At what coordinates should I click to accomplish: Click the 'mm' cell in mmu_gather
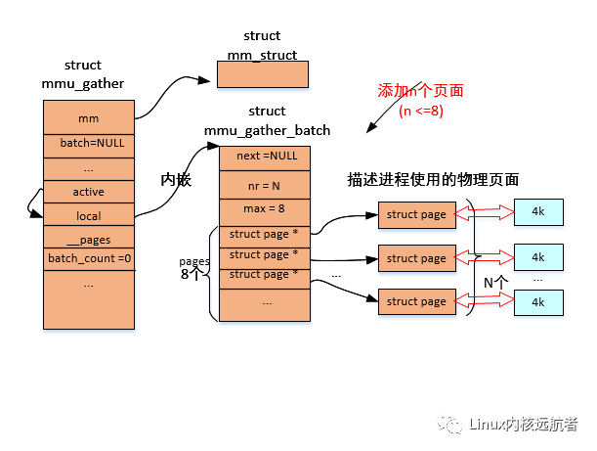[x=88, y=118]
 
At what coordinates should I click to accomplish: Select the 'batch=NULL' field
[x=88, y=142]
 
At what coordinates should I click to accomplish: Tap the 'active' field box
[x=88, y=191]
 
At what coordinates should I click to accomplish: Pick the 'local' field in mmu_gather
[x=88, y=215]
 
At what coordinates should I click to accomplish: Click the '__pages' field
[x=88, y=239]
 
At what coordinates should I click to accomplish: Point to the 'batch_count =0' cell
[x=88, y=259]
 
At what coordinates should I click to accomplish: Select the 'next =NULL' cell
[x=266, y=156]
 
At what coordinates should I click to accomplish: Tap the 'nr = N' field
[x=266, y=184]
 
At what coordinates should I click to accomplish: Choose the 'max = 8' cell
[x=266, y=209]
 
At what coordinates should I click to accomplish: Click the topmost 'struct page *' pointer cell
[x=266, y=234]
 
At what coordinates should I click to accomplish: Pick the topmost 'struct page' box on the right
[x=416, y=214]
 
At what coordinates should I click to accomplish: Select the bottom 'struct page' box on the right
[x=416, y=301]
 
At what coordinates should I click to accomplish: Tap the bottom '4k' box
[x=538, y=302]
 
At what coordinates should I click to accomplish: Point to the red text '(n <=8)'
[x=421, y=111]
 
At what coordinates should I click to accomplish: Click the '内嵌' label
[x=174, y=181]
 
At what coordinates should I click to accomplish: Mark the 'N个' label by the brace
[x=495, y=283]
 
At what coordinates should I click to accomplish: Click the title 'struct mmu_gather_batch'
[x=267, y=120]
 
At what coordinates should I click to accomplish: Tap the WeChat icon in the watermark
[x=450, y=424]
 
